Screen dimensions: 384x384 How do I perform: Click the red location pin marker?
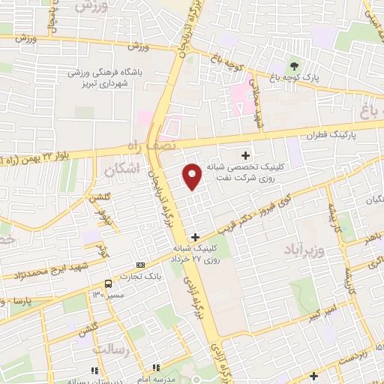coord(193,177)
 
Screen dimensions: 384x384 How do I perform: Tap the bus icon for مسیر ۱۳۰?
coord(109,283)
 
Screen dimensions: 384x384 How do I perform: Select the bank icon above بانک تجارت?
coord(140,266)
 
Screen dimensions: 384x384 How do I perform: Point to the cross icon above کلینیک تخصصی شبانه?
coord(244,154)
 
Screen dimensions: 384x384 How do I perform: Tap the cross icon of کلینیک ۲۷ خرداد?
coord(195,236)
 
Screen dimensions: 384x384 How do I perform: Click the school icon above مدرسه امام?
coord(156,367)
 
